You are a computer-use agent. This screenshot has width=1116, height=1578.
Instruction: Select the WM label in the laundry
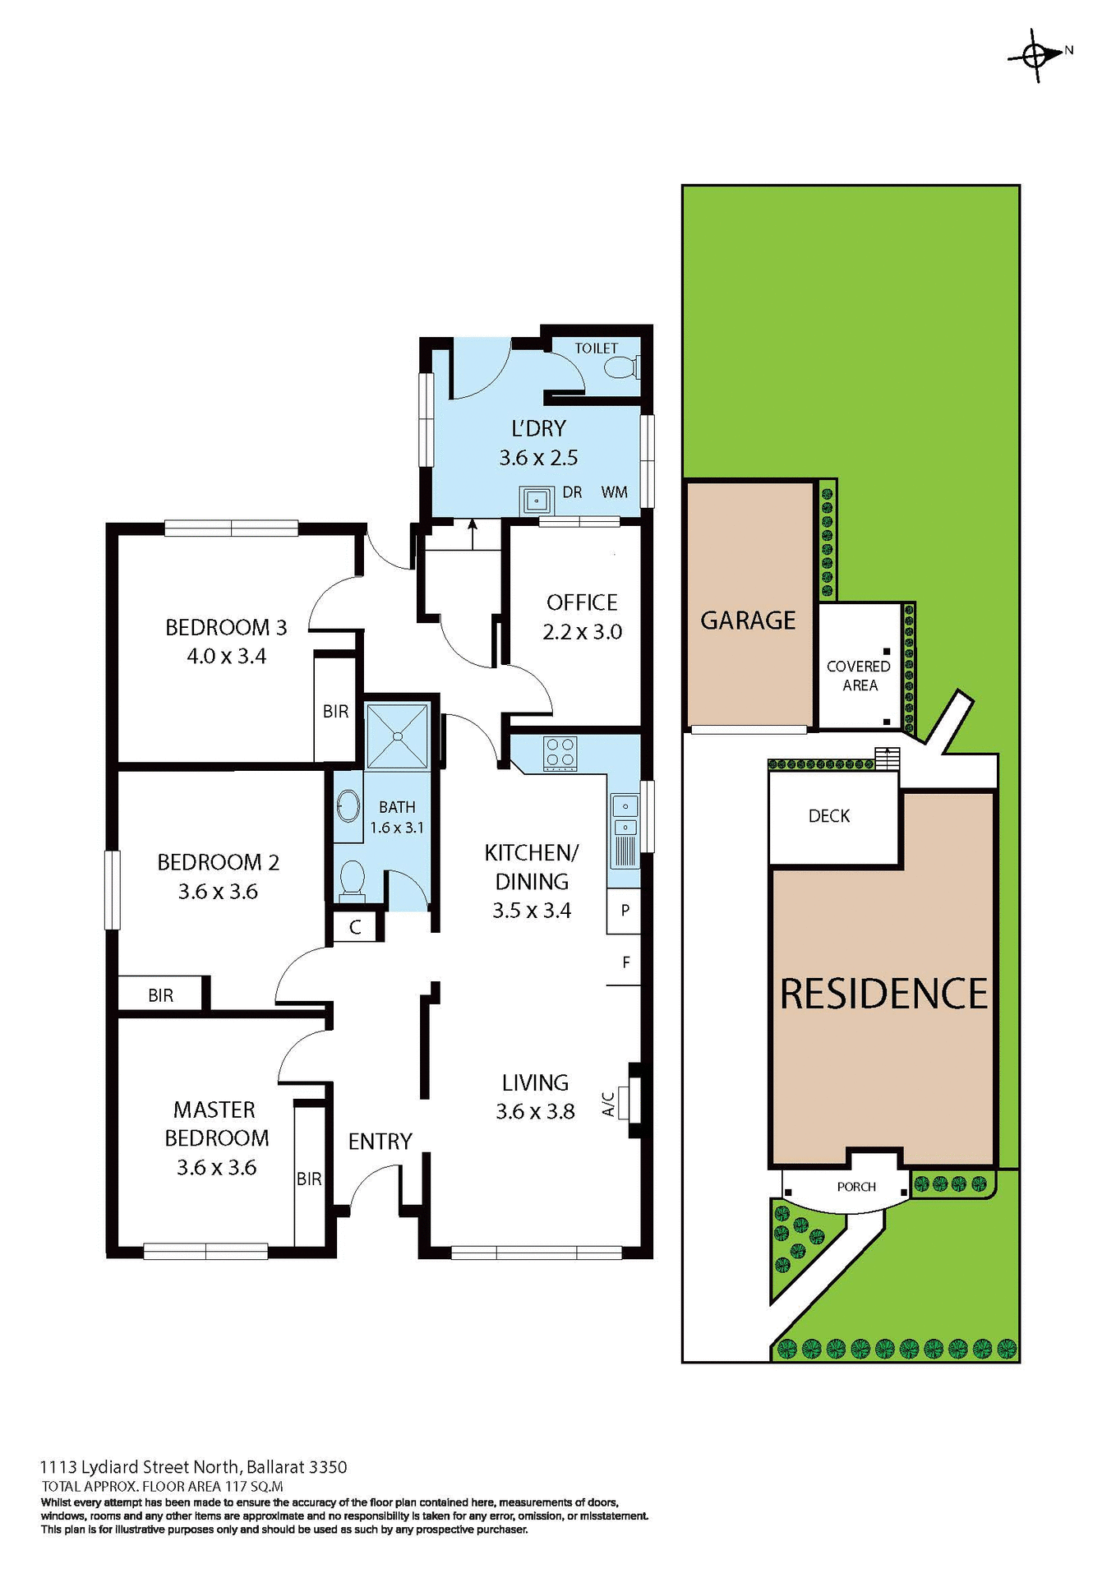click(614, 492)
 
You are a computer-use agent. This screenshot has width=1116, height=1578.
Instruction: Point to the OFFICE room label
click(582, 602)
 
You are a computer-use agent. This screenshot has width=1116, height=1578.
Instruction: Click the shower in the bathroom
click(398, 735)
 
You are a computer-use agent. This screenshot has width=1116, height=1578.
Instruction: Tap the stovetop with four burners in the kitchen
click(560, 754)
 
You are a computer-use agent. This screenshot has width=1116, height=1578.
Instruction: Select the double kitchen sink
click(625, 816)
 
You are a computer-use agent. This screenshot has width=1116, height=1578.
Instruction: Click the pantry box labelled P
click(625, 911)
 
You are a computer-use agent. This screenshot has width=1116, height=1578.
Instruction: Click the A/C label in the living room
click(609, 1104)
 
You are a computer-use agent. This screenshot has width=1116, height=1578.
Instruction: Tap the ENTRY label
click(380, 1141)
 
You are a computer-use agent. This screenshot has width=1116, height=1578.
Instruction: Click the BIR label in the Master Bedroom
click(309, 1179)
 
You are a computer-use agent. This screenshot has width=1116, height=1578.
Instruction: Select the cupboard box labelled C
click(355, 927)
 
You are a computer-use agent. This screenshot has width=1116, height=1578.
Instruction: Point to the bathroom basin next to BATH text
click(349, 807)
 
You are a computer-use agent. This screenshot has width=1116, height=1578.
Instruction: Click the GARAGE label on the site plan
click(748, 621)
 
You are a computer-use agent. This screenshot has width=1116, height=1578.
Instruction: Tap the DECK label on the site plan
click(829, 816)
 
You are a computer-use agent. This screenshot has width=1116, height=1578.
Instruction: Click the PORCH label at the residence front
click(856, 1187)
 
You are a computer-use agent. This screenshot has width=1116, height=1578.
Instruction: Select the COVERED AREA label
click(859, 676)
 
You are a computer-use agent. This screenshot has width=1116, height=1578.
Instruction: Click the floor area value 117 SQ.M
click(254, 1486)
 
